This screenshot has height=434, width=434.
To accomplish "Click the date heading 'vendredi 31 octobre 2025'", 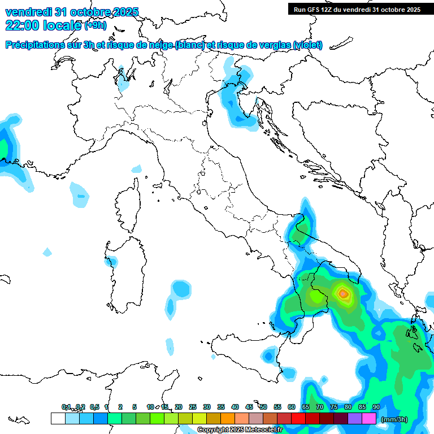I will coord(72,12).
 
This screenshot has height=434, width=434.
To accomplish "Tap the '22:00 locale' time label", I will coord(43,25).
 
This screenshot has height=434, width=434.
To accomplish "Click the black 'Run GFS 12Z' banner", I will coord(357,9).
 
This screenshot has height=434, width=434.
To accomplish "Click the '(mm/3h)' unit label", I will coord(394,419).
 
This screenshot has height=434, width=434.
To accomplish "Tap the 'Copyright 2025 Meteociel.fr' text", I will coord(240,430).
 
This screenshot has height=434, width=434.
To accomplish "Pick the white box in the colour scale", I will coord(58,419).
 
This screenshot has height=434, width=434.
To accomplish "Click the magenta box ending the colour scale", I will coord(369,419).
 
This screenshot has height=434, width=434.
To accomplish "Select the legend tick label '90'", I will coord(376,407).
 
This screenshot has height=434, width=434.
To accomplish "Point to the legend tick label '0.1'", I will coord(66,407).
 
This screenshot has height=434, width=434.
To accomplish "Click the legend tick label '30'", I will coord(207,407).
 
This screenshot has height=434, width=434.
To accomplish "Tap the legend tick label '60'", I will coord(292,407).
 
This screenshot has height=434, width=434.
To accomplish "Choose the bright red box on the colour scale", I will coord(298,419).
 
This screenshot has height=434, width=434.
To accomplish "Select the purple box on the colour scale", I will coord(355,419).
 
